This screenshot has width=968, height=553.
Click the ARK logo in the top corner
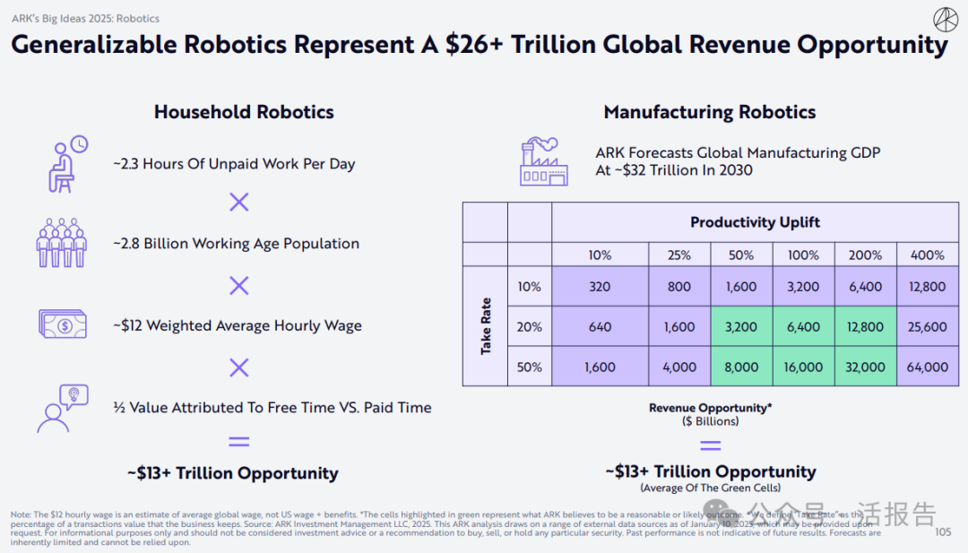click(x=945, y=19)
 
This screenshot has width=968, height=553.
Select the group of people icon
click(x=61, y=243)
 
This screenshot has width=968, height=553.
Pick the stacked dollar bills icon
click(x=62, y=324)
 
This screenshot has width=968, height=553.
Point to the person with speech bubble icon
click(x=62, y=408)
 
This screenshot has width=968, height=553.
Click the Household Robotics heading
click(x=244, y=112)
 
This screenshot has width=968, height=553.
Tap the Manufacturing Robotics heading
click(x=709, y=112)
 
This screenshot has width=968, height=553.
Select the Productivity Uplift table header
click(x=755, y=222)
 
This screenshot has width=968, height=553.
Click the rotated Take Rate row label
click(x=486, y=326)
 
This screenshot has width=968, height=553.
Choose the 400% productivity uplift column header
click(x=927, y=255)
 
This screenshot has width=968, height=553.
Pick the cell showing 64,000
click(x=927, y=367)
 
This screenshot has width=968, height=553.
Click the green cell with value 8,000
click(x=741, y=367)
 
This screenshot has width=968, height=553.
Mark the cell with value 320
click(x=600, y=287)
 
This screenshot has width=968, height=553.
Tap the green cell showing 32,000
click(x=865, y=367)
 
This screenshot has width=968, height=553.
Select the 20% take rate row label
click(x=529, y=327)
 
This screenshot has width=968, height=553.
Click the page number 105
click(x=943, y=532)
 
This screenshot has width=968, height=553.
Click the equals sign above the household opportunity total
click(x=238, y=441)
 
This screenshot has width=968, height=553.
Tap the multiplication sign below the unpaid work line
click(x=238, y=203)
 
